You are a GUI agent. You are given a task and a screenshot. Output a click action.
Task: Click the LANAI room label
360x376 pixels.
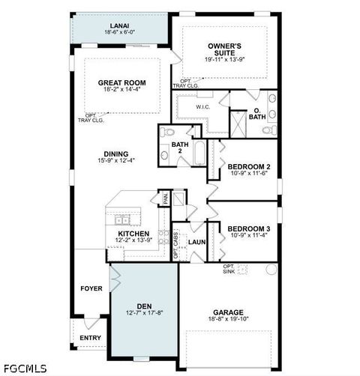pyautogui.click(x=119, y=25)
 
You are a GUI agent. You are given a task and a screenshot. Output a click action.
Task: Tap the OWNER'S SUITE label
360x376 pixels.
pyautogui.click(x=224, y=49)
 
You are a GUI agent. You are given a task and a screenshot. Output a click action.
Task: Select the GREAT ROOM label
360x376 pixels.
pyautogui.click(x=121, y=82)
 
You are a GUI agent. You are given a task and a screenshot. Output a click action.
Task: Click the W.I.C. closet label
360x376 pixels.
pyautogui.click(x=202, y=107)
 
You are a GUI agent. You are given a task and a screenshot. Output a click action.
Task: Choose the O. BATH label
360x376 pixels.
pyautogui.click(x=257, y=113)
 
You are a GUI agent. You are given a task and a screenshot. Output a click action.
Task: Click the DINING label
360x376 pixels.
pyautogui.click(x=115, y=154)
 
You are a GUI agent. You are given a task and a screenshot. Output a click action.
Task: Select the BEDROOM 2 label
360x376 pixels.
pyautogui.click(x=248, y=166)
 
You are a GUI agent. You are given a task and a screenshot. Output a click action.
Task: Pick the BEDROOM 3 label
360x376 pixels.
pyautogui.click(x=248, y=228)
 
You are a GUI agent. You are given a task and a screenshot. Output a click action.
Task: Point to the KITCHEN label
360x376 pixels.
pyautogui.click(x=133, y=234)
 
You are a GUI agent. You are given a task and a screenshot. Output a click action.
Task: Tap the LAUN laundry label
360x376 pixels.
pyautogui.click(x=197, y=242)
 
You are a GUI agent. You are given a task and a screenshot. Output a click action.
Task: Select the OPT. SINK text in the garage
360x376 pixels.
pyautogui.click(x=229, y=269)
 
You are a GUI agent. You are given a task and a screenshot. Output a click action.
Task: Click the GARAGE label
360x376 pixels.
pyautogui.click(x=227, y=312)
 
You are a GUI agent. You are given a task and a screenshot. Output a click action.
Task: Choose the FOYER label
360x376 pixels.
pyautogui.click(x=91, y=288)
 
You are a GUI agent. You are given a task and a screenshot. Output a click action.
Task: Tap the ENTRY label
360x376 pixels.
pyautogui.click(x=91, y=338)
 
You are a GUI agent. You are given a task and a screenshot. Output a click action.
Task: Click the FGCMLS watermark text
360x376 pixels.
pyautogui.click(x=25, y=369)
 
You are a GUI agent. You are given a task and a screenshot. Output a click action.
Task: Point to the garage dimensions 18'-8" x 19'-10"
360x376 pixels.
pyautogui.click(x=227, y=320)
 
